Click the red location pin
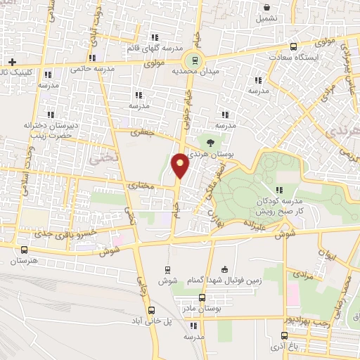point(181,165)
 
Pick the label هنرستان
point(25,261)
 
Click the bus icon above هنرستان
point(25,250)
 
